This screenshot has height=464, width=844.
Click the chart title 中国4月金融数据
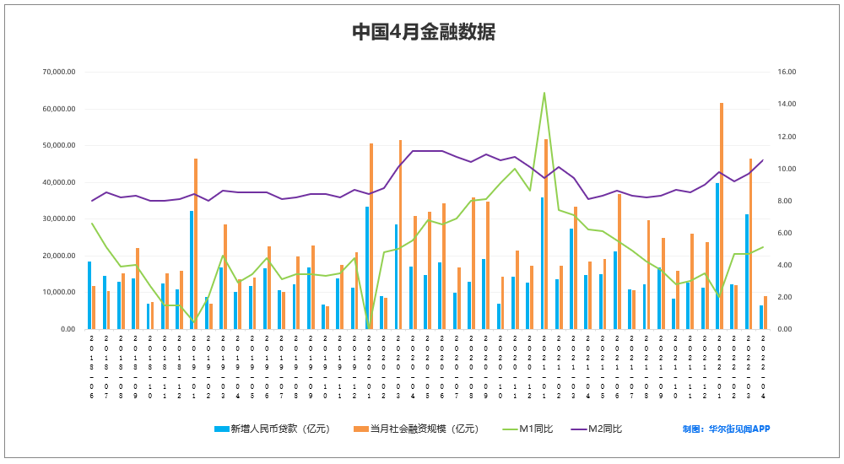423,32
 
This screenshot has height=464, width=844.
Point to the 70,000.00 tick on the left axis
59,73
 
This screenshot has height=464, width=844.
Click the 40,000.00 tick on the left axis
59,182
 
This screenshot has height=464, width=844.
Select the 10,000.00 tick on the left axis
59,293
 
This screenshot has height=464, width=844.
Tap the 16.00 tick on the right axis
786,73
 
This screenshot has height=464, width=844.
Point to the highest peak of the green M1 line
544,93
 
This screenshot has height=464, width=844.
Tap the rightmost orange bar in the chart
766,313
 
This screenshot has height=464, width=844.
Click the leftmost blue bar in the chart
89,295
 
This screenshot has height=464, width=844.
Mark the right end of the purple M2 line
763,160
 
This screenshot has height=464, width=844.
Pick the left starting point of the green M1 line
91,223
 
